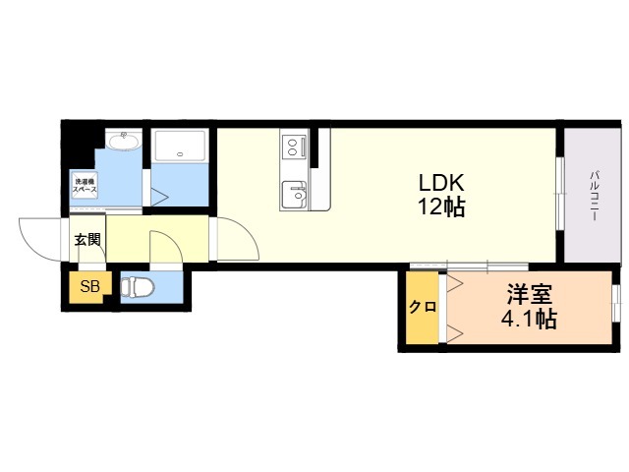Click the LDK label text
tap(441, 182)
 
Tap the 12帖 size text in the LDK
tap(441, 207)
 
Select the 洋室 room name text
tap(529, 294)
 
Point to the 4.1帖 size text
tap(529, 319)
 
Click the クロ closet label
tap(423, 307)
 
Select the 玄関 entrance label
tap(86, 239)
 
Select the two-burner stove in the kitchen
tap(293, 147)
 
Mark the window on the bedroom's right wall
tap(616, 303)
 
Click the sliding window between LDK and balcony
tap(559, 198)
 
